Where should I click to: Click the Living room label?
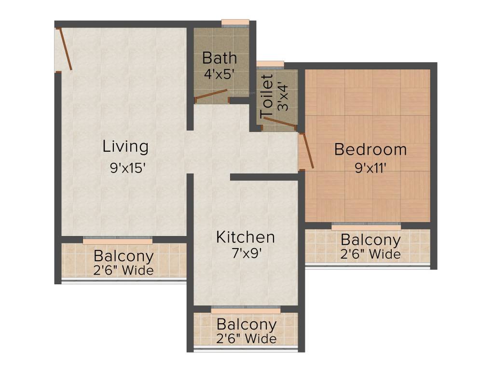pyautogui.click(x=125, y=146)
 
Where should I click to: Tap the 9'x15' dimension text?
pyautogui.click(x=127, y=169)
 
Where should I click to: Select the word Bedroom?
pyautogui.click(x=370, y=150)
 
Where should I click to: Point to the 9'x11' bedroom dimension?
pyautogui.click(x=371, y=168)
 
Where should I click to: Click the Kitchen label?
pyautogui.click(x=245, y=237)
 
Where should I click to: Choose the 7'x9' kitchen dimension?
pyautogui.click(x=246, y=253)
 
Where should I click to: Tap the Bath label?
pyautogui.click(x=220, y=58)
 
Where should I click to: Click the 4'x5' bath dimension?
pyautogui.click(x=220, y=74)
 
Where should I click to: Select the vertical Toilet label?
pyautogui.click(x=267, y=96)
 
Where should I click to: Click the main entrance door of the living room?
pyautogui.click(x=65, y=50)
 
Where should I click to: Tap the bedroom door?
pyautogui.click(x=307, y=151)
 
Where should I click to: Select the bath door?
pyautogui.click(x=211, y=94)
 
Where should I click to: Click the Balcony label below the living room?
pyautogui.click(x=123, y=256)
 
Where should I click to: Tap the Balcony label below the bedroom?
pyautogui.click(x=370, y=239)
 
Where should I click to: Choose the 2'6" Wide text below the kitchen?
pyautogui.click(x=247, y=339)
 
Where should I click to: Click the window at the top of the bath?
pyautogui.click(x=235, y=22)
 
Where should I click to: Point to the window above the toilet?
pyautogui.click(x=270, y=64)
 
